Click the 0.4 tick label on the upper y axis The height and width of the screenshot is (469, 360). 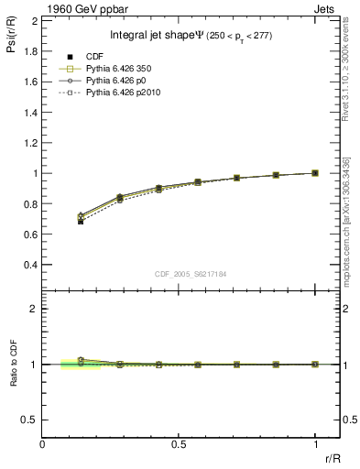(30, 265)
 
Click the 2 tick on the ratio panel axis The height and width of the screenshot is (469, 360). (35, 309)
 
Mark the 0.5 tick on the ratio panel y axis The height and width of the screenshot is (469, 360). (30, 420)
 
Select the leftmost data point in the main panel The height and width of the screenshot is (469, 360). (81, 221)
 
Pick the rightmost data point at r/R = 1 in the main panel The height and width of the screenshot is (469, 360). (315, 172)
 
